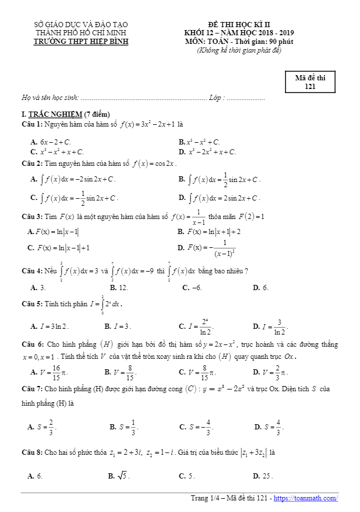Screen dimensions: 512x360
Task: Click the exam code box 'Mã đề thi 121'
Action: click(310, 82)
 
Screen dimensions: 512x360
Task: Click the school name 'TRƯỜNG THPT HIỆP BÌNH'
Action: click(81, 42)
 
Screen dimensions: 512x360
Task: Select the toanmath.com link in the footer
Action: click(306, 498)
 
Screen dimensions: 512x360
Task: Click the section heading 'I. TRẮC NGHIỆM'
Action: click(65, 114)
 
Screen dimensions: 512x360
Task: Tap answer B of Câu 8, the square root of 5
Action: click(119, 476)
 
